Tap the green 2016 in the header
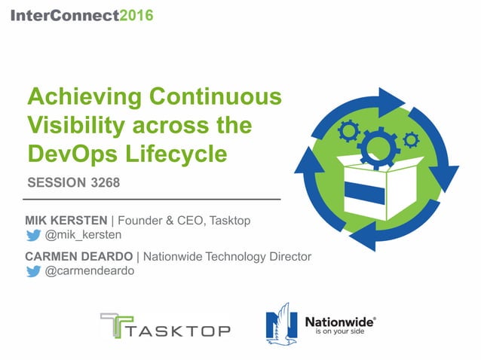tap(136, 16)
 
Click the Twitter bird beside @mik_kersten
tap(33, 235)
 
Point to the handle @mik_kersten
tap(82, 235)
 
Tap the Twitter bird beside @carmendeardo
tap(33, 272)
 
